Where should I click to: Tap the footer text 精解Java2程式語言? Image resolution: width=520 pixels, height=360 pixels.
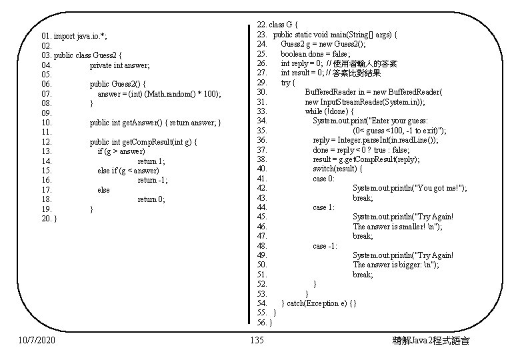pyautogui.click(x=431, y=341)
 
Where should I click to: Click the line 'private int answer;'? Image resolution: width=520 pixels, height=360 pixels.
pyautogui.click(x=120, y=65)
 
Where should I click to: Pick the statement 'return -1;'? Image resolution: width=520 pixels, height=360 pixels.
pyautogui.click(x=153, y=180)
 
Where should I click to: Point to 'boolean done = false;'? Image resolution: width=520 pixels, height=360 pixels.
pyautogui.click(x=315, y=53)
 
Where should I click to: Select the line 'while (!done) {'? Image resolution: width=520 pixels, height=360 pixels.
pyautogui.click(x=329, y=111)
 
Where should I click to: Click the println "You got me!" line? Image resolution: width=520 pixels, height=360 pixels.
pyautogui.click(x=409, y=189)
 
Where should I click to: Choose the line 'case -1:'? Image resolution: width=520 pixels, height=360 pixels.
pyautogui.click(x=325, y=246)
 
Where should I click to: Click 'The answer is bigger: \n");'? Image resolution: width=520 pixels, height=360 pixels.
pyautogui.click(x=395, y=265)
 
